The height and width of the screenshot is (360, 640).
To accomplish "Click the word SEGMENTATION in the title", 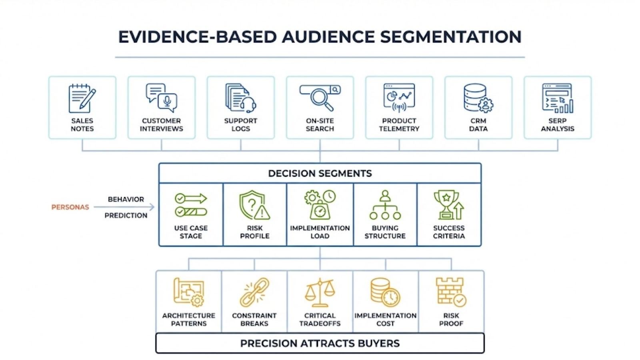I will pyautogui.click(x=450, y=37).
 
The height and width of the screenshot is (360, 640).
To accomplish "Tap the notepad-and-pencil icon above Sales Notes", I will pyautogui.click(x=82, y=98).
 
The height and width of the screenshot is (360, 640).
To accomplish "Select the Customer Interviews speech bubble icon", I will pyautogui.click(x=161, y=97).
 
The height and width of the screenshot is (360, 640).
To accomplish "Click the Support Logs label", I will pyautogui.click(x=240, y=124).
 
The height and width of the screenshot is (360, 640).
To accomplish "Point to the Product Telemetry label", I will pyautogui.click(x=399, y=124).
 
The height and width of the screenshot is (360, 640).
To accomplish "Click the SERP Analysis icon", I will pyautogui.click(x=557, y=98).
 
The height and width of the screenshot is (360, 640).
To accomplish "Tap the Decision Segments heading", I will pyautogui.click(x=320, y=173).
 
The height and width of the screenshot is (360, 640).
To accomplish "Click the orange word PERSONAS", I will pyautogui.click(x=70, y=207).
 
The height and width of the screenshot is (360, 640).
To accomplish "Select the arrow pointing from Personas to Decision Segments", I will pyautogui.click(x=124, y=207).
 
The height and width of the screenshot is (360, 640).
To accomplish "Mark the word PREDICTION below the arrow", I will pyautogui.click(x=126, y=216).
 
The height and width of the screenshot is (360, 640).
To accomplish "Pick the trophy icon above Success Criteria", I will pyautogui.click(x=448, y=205).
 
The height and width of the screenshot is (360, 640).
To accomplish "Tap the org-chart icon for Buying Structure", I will pyautogui.click(x=385, y=205).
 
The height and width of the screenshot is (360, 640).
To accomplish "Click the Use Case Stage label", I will pyautogui.click(x=191, y=232).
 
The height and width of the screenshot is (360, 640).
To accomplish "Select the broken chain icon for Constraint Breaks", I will pyautogui.click(x=254, y=292).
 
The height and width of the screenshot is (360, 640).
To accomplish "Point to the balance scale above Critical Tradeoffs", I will pyautogui.click(x=320, y=292).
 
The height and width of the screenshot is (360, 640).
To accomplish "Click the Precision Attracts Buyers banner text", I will pyautogui.click(x=320, y=343).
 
